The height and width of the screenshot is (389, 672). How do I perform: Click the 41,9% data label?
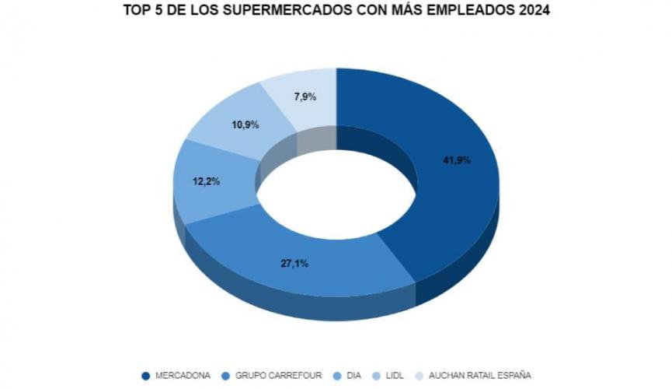(x=458, y=160)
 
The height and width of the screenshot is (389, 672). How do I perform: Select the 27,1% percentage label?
(x=294, y=264)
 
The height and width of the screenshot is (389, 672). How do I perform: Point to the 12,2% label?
(x=206, y=181)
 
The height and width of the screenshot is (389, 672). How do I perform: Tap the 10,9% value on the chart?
(x=245, y=124)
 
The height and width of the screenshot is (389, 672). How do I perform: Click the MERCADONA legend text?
(x=183, y=375)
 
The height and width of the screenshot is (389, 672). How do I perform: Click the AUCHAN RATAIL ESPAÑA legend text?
(x=482, y=375)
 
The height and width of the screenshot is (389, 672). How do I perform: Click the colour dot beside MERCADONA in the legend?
(x=145, y=375)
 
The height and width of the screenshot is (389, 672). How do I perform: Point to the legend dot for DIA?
(x=336, y=375)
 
